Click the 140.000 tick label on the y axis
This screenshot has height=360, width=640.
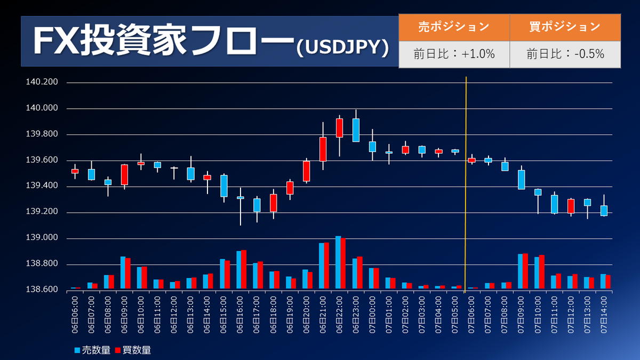[x=42, y=108]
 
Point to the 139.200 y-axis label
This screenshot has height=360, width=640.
[x=42, y=211]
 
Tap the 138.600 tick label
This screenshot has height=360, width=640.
[x=42, y=290]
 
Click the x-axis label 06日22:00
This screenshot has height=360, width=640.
[x=339, y=315]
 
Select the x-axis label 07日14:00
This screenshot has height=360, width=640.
[x=604, y=315]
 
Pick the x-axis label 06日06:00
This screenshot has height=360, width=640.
[x=75, y=315]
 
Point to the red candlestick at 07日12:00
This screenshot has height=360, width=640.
[x=571, y=206]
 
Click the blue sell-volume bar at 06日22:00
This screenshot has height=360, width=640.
[x=338, y=262]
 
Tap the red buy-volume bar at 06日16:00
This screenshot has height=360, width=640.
[x=244, y=269]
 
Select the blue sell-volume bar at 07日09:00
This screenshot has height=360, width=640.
[x=521, y=271]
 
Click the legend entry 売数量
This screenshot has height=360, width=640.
[x=92, y=350]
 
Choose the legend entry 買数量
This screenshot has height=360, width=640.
[x=133, y=350]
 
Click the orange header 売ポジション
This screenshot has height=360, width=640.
[x=454, y=27]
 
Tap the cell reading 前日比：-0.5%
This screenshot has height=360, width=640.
[x=565, y=54]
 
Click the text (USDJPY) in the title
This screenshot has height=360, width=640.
[x=342, y=47]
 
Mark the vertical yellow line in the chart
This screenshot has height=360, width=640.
[x=466, y=185]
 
